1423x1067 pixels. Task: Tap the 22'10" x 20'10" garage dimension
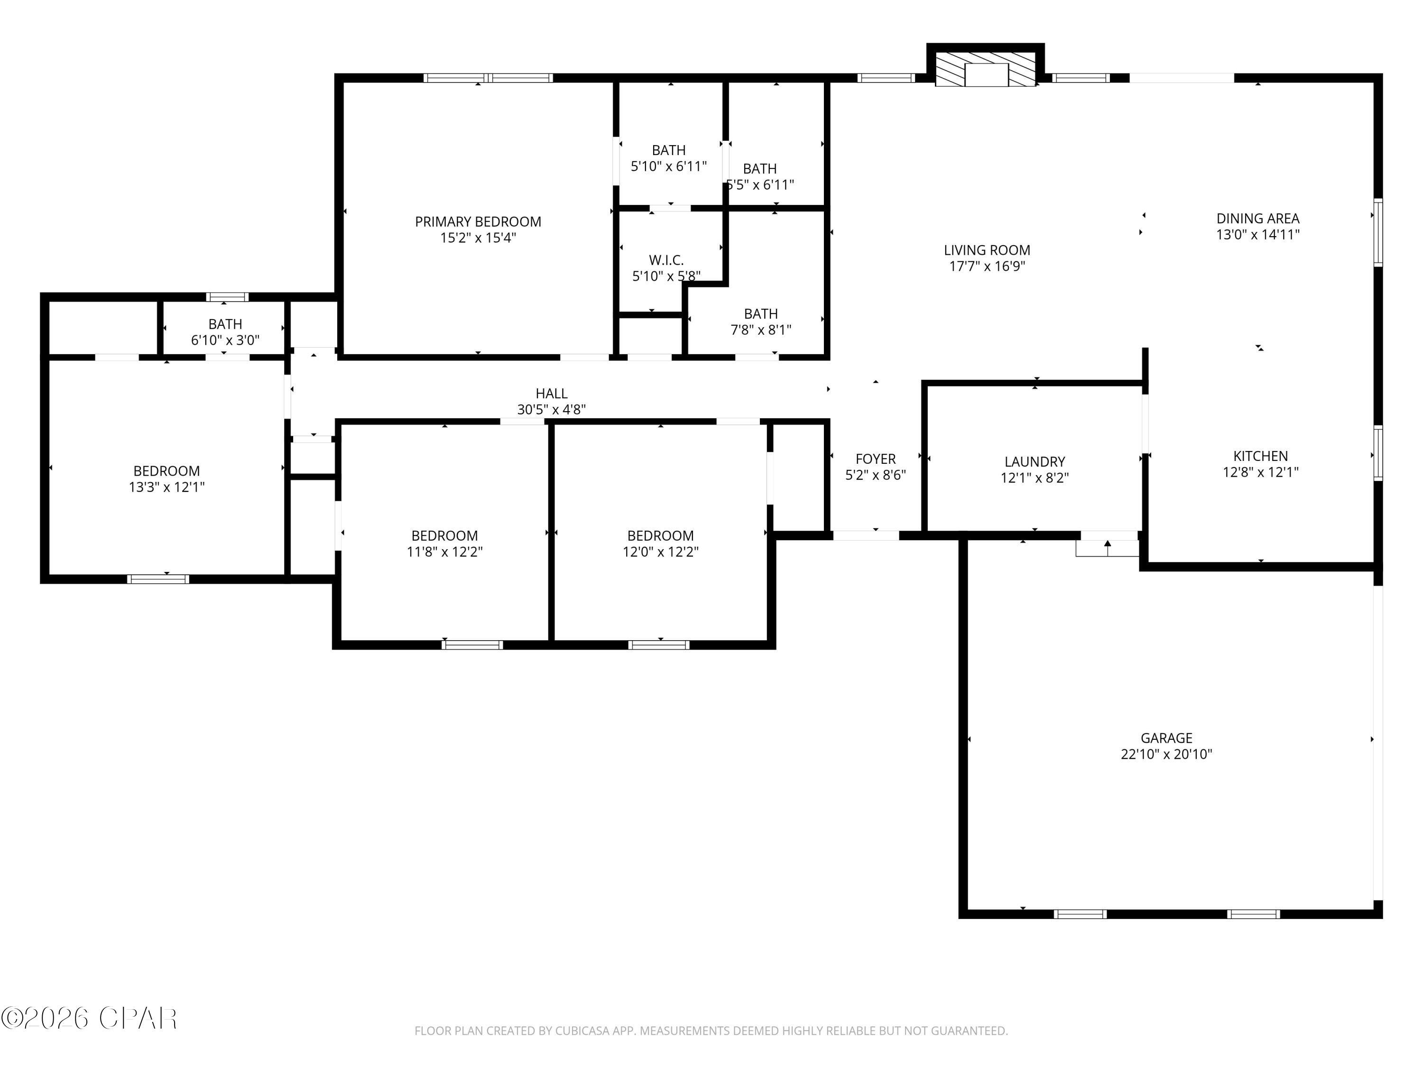pos(1166,754)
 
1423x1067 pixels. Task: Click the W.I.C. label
pos(666,260)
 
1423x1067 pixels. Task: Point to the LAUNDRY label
pos(1035,462)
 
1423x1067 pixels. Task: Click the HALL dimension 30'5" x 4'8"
pos(551,410)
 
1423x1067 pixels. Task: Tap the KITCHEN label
pos(1260,457)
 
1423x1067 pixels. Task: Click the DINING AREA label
pos(1257,219)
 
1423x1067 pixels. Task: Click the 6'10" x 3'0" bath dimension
pos(225,340)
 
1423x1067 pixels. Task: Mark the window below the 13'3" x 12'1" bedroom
pos(158,579)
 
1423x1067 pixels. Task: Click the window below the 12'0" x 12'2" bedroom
pos(659,645)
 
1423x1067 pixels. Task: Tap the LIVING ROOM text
pos(986,251)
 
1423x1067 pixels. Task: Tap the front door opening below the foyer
pos(865,535)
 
